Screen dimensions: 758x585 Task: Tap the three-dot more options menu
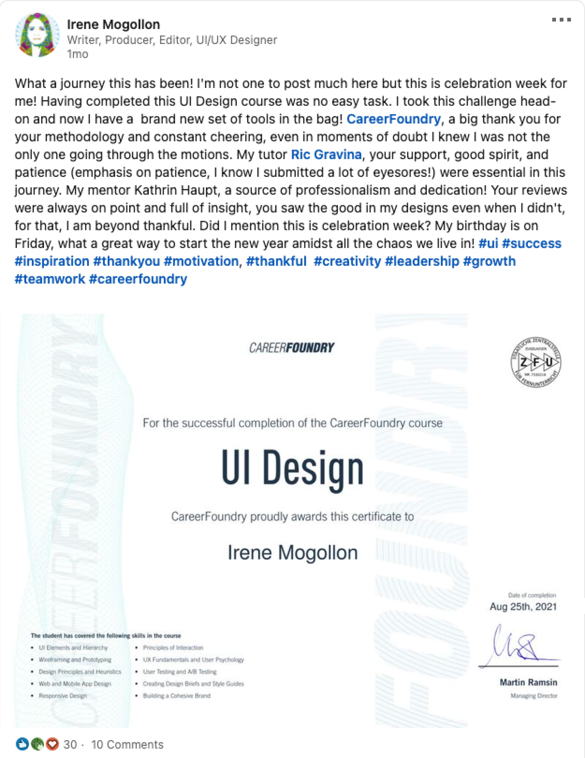(561, 20)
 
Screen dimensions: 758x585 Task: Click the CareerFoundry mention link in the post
(393, 119)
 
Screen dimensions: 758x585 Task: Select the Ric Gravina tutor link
(326, 154)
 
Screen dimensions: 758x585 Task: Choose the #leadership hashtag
(422, 261)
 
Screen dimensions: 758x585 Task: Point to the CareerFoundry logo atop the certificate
(292, 348)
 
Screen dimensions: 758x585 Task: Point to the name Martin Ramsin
(528, 682)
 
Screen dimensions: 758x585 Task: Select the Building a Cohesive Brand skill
(177, 696)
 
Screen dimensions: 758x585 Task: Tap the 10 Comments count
(127, 744)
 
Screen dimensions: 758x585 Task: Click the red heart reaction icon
(52, 744)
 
